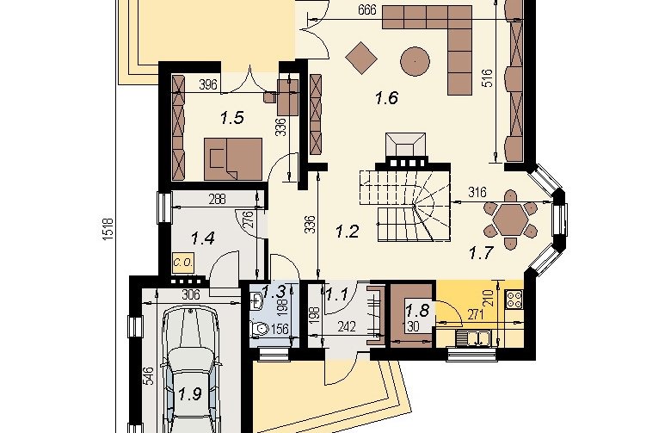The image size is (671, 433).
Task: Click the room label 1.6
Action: coord(386,98)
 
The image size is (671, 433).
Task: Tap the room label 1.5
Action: coord(232,117)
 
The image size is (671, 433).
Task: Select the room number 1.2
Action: coord(347,232)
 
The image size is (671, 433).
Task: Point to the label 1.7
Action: coord(482,253)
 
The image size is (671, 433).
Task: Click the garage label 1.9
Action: coord(190,393)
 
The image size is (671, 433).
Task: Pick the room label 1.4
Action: coord(203,238)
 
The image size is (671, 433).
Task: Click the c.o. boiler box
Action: coord(183,263)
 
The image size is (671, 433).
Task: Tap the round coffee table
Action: coord(415,61)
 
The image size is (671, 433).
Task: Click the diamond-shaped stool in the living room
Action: coord(361,58)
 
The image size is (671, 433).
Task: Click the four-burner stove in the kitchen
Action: coord(514,300)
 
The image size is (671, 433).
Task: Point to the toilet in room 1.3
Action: coord(259,329)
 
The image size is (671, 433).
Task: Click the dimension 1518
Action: coord(108,229)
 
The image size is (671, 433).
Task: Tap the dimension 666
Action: coord(368,9)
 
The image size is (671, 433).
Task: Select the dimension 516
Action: coord(488,78)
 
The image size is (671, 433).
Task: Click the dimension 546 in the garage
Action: coord(148,376)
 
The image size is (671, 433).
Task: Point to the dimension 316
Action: coord(477,192)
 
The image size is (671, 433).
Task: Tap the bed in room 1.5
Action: coord(233,159)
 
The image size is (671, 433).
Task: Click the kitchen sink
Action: coord(474,338)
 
